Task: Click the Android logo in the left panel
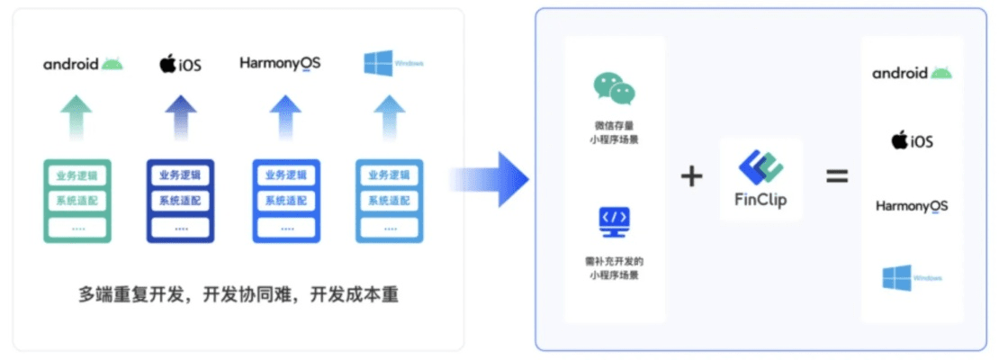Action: pos(83,64)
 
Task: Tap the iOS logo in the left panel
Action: pos(180,64)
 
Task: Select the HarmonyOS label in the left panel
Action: pos(280,63)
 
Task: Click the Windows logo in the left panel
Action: pos(393,63)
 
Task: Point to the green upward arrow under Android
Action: pos(76,117)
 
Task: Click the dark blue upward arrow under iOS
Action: pos(180,117)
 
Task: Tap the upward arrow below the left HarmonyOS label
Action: pos(285,117)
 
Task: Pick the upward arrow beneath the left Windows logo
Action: pos(390,117)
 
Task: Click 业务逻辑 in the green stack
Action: pos(76,175)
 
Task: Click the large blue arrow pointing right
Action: pos(490,178)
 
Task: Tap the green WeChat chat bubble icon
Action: pos(615,88)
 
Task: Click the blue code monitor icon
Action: pos(615,221)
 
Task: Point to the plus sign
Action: pos(691,176)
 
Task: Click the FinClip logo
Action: pos(761,178)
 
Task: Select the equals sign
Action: pos(837,176)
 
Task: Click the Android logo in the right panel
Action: pos(912,73)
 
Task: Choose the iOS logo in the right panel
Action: pos(912,140)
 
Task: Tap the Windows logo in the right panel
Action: pos(912,277)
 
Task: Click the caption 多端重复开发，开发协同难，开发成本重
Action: pos(238,294)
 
